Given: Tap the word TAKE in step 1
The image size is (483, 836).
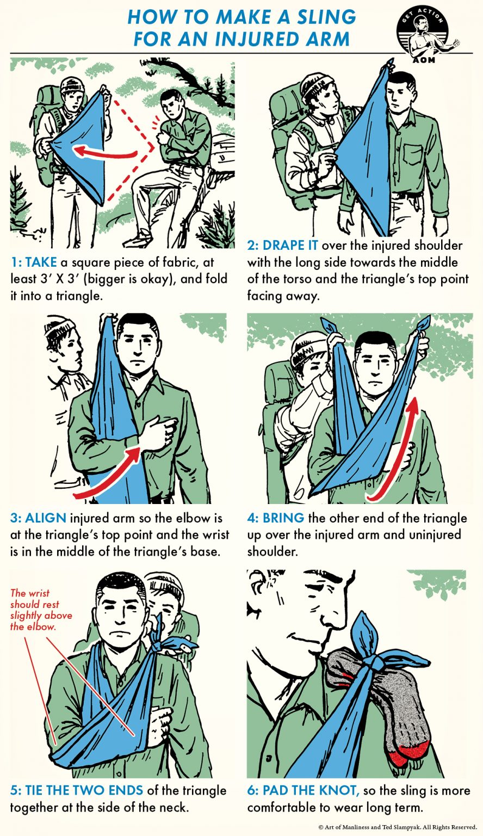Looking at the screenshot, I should (41, 263).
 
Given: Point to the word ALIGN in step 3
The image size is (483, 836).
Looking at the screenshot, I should (46, 518).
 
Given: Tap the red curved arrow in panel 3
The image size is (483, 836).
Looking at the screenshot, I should (106, 474).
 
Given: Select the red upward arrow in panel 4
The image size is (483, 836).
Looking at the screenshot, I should (396, 446).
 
